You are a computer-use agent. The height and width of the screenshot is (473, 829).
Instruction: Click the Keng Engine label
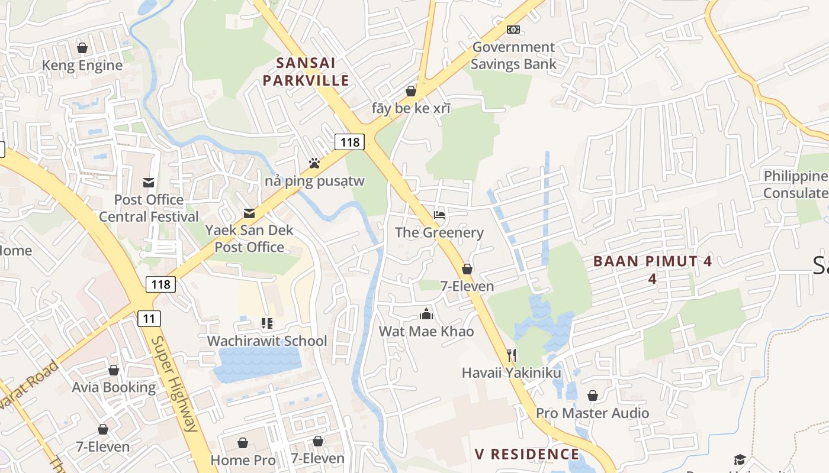[82, 65]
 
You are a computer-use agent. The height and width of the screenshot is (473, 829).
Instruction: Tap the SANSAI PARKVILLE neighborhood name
[306, 72]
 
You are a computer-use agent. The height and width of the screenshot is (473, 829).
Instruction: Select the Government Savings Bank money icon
[513, 29]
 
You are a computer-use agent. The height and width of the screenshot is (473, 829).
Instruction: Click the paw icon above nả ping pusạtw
[314, 163]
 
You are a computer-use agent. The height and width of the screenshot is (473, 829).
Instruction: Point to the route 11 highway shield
[149, 319]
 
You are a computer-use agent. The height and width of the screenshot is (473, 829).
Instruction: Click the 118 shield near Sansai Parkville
[349, 142]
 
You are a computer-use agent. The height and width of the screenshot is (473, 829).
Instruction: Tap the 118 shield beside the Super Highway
[160, 284]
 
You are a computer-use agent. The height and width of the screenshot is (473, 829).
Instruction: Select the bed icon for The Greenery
[439, 215]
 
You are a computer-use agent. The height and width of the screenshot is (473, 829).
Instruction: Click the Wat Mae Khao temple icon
[426, 313]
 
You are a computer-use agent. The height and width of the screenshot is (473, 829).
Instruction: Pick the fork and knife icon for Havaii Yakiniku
[512, 355]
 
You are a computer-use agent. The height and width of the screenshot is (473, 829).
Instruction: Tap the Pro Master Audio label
[592, 413]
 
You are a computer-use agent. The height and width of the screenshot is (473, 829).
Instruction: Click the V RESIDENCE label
[527, 454]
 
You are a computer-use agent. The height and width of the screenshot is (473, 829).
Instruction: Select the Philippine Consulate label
[795, 184]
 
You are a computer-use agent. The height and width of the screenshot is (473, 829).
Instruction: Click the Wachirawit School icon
[266, 323]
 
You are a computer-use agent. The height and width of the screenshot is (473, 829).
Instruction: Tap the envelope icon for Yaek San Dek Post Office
[249, 213]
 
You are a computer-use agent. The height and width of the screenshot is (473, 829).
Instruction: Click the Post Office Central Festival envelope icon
[149, 182]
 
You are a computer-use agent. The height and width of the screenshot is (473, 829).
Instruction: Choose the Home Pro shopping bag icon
[243, 442]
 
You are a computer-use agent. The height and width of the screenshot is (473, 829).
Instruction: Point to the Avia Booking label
[114, 387]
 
